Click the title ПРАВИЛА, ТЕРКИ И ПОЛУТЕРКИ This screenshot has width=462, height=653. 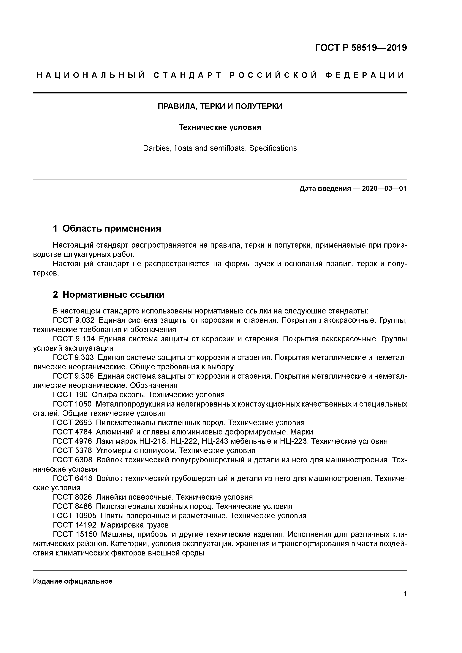click(x=220, y=106)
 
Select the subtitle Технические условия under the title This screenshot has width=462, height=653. click(x=220, y=127)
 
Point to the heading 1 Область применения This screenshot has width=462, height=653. click(x=107, y=228)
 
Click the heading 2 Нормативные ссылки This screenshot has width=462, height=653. click(x=109, y=295)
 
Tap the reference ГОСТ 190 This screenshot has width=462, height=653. click(x=70, y=395)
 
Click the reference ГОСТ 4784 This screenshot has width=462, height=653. click(x=72, y=432)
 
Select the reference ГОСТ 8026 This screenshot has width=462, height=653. click(x=72, y=497)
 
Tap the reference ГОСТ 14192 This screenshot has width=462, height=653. click(x=75, y=525)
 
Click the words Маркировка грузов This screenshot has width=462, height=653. click(x=135, y=525)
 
